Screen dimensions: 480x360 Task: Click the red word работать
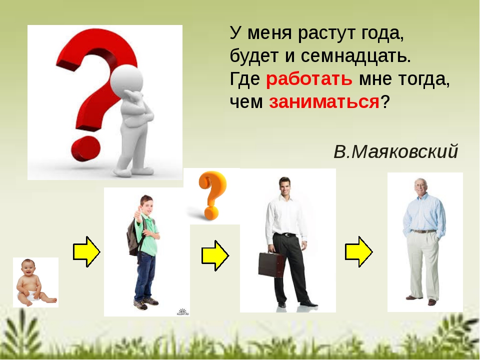point(309,79)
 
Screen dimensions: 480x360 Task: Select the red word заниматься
point(324,101)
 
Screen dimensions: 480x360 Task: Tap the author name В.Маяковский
point(395,151)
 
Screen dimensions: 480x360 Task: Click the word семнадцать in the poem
point(355,56)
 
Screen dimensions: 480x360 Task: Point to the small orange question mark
point(212,195)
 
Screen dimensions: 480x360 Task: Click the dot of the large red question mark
point(85,149)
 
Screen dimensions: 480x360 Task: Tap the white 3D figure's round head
point(126,80)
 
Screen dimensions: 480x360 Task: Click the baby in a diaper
point(35,282)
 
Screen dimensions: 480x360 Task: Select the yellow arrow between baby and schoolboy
point(86,252)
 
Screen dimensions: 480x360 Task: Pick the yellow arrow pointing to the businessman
point(215,255)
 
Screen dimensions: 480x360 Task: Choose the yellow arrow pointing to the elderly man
point(359,252)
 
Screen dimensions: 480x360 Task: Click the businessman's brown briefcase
point(271,265)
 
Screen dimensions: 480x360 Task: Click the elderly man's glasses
point(420,185)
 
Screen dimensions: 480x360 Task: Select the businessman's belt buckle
point(287,235)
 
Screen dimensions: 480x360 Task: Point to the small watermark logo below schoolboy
point(183,312)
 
